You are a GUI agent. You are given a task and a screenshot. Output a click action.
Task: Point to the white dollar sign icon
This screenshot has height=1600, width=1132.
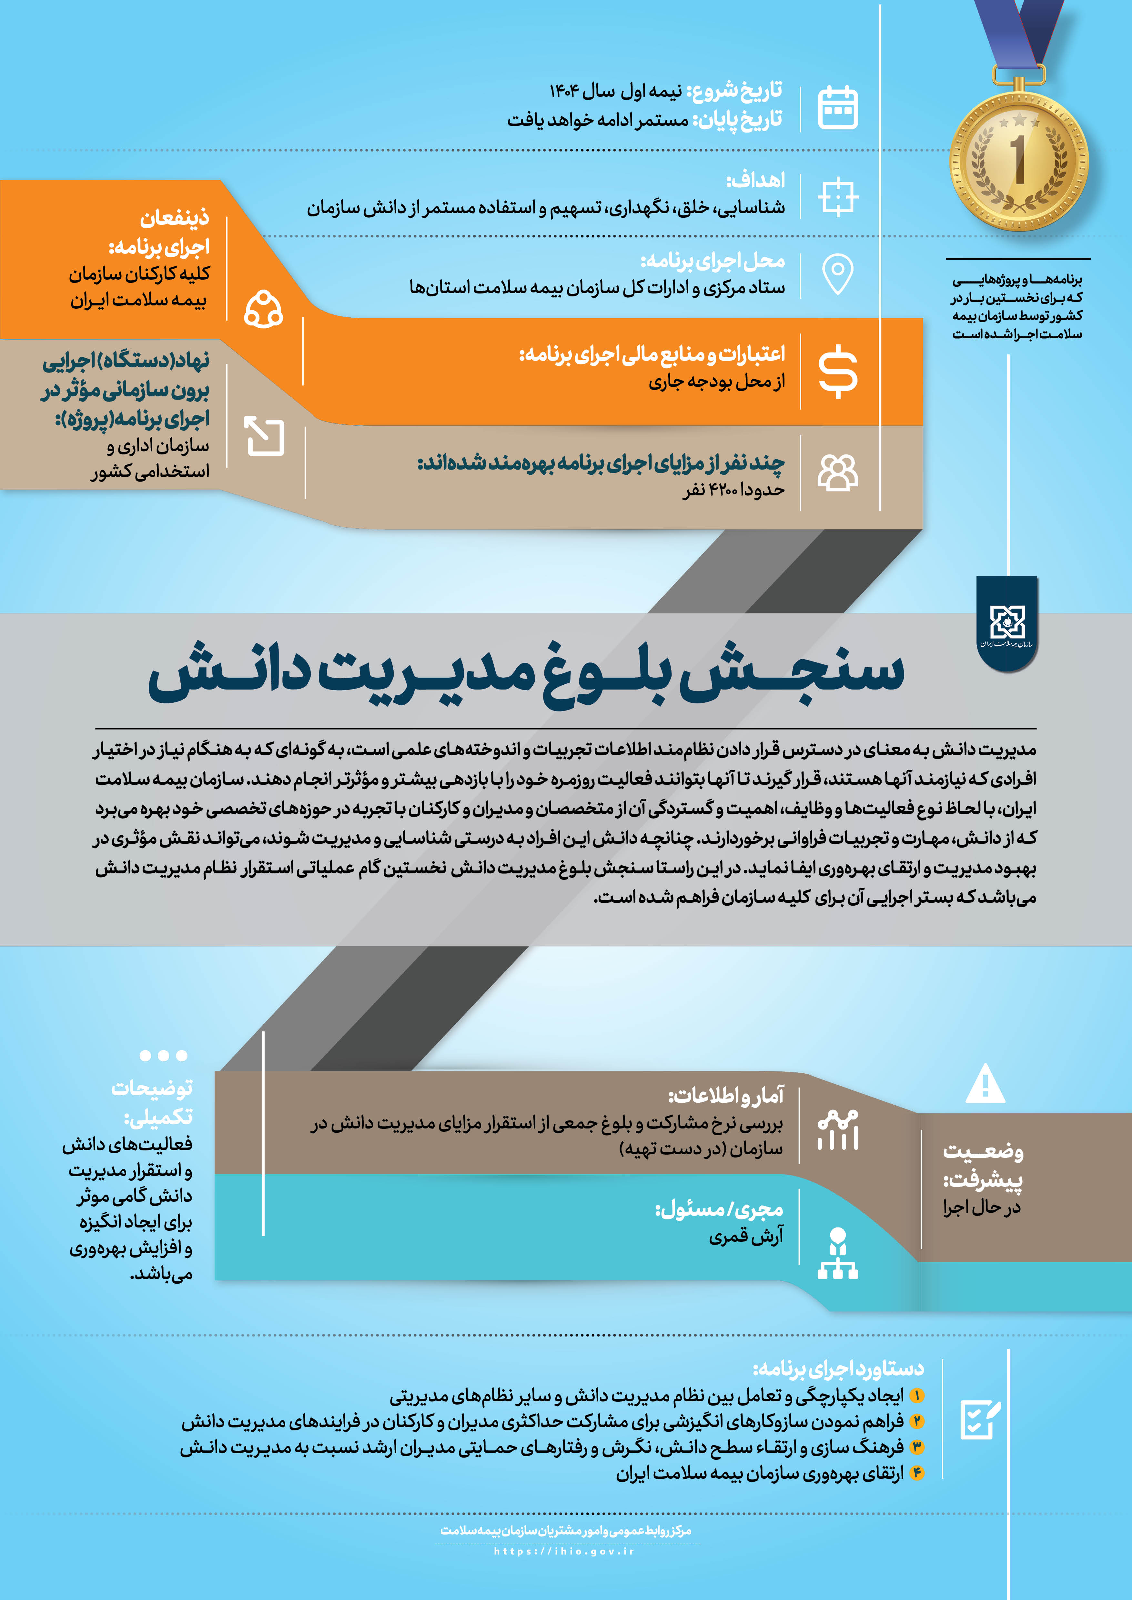pos(838,372)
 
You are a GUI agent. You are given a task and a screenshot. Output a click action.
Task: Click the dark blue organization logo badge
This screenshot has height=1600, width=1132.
pos(1006,622)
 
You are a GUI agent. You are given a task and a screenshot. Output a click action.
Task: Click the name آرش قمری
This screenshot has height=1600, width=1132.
pos(746,1236)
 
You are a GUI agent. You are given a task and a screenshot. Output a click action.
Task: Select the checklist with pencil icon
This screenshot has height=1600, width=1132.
pos(980,1419)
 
